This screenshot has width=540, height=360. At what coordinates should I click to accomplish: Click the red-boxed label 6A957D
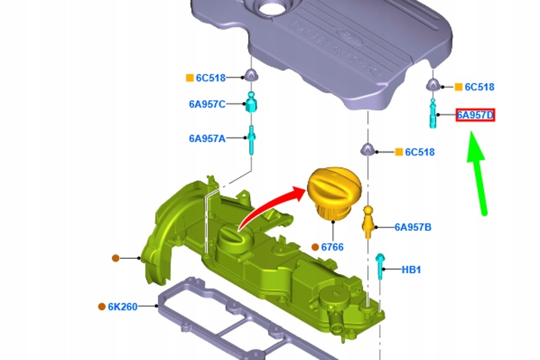point(475,115)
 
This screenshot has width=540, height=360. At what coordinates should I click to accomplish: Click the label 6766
point(332,247)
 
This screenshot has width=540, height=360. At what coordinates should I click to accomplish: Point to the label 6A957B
point(413,227)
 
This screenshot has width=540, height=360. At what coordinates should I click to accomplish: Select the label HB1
point(411,269)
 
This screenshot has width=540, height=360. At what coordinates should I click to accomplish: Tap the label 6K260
point(123,306)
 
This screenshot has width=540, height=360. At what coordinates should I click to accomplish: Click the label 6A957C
point(207,104)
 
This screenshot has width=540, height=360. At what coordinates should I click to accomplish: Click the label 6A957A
point(207,139)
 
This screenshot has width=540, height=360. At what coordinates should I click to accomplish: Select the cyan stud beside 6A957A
point(252,139)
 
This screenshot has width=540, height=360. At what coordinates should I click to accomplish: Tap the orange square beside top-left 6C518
point(190,78)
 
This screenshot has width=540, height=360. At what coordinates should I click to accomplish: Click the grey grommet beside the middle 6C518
point(368,150)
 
